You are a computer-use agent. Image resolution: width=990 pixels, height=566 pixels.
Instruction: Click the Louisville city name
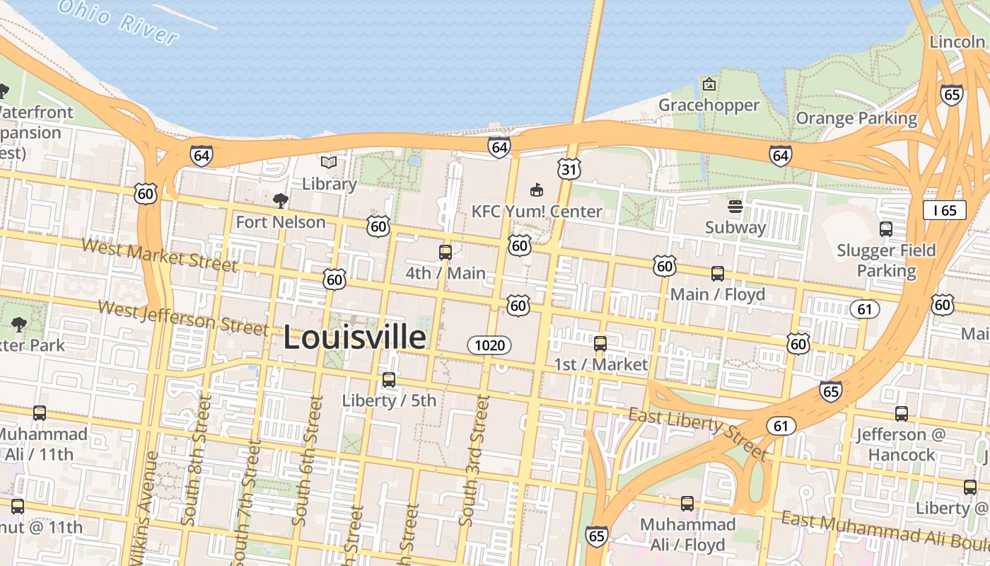(354, 337)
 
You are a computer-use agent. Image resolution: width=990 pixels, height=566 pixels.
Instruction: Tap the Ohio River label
(117, 19)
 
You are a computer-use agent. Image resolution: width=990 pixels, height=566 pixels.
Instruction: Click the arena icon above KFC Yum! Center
(537, 190)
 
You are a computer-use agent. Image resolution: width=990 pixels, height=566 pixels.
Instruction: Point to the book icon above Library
(329, 162)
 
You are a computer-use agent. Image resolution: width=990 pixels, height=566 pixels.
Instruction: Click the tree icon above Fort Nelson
(281, 201)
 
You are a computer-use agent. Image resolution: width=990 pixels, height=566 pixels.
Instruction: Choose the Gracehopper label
(709, 105)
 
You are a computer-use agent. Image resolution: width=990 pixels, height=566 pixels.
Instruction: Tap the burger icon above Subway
(735, 207)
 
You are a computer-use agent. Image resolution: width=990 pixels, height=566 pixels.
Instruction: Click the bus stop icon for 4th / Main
(445, 252)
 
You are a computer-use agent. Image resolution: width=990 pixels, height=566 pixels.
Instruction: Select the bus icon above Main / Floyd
(718, 273)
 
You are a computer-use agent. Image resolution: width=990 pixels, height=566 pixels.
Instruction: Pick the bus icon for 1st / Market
(600, 344)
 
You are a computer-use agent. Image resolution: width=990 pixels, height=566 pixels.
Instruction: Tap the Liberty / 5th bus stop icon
(389, 380)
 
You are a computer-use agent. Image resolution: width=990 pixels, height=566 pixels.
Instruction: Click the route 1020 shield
(489, 345)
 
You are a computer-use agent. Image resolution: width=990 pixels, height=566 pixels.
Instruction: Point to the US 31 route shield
(569, 168)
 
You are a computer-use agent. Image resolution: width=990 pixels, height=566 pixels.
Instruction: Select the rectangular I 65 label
(944, 210)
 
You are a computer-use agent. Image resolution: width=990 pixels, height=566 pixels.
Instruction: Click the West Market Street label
(159, 255)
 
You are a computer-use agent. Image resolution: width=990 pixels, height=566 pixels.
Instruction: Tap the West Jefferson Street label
(183, 318)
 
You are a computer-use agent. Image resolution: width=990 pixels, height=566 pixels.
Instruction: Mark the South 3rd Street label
(474, 460)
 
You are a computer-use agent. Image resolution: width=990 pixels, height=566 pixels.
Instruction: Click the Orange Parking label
(856, 118)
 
